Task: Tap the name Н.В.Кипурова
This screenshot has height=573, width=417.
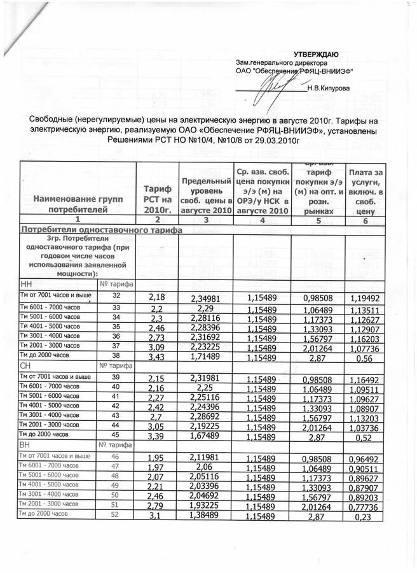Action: pyautogui.click(x=327, y=89)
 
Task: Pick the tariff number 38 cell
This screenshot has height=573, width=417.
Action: pyautogui.click(x=116, y=355)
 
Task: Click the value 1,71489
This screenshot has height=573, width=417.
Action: pyautogui.click(x=207, y=356)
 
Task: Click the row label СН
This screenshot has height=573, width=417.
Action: pyautogui.click(x=27, y=366)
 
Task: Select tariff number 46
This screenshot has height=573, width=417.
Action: pyautogui.click(x=116, y=456)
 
